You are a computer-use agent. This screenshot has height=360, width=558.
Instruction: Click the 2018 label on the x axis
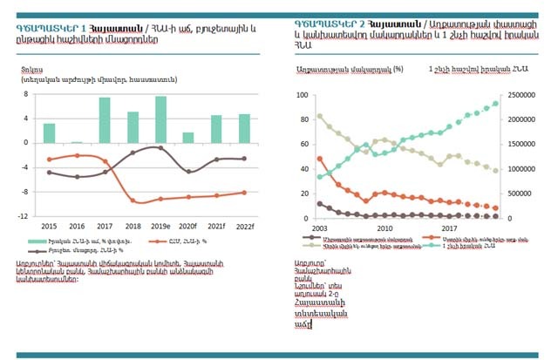(x=133, y=225)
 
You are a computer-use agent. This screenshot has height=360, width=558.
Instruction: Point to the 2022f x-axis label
(x=245, y=225)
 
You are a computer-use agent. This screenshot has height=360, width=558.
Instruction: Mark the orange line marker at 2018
(x=133, y=200)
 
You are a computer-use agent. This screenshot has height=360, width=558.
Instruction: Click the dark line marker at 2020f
(x=188, y=172)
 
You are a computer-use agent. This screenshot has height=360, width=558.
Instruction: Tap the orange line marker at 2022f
(x=244, y=193)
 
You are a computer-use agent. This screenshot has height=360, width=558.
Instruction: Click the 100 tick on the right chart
(x=302, y=94)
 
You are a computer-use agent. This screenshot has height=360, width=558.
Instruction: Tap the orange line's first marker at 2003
(x=320, y=159)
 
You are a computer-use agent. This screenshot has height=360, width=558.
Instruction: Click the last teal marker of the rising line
(x=496, y=103)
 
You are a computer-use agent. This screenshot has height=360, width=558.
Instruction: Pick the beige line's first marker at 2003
(x=320, y=116)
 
